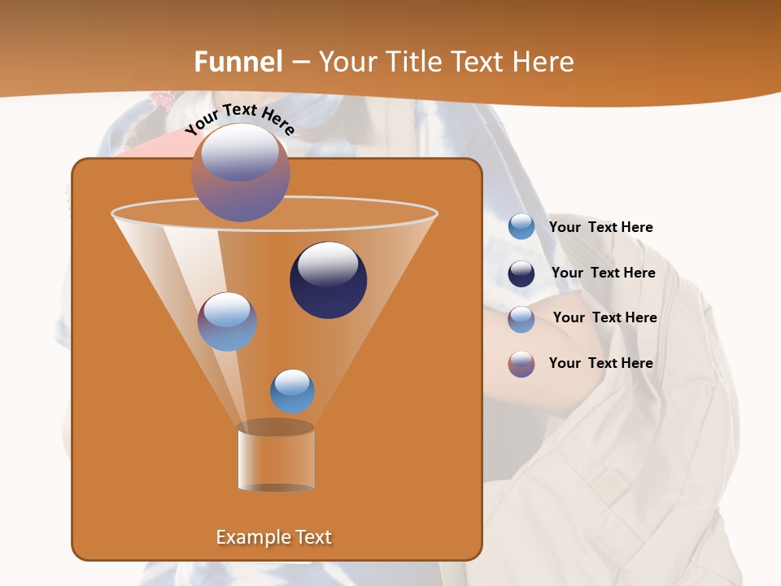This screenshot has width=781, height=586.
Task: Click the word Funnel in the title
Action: (238, 62)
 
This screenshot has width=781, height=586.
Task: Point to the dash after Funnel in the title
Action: (300, 63)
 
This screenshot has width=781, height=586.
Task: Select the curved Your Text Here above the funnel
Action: (239, 119)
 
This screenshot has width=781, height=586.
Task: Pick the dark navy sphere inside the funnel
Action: (329, 281)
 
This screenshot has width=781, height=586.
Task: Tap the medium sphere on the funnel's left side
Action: (227, 321)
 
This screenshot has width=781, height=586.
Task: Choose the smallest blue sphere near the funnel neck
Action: (292, 391)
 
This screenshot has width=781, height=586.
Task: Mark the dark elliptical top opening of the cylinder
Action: (276, 427)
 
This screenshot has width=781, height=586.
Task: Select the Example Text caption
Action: (274, 537)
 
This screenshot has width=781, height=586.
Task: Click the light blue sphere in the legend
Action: (521, 227)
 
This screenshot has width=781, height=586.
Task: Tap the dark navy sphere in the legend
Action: (521, 273)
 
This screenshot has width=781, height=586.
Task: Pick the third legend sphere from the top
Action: (521, 319)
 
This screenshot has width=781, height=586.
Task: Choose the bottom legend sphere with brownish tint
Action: (521, 364)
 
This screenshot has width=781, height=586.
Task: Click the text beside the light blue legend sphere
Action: (600, 228)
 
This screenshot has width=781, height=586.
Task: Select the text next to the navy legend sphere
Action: (603, 273)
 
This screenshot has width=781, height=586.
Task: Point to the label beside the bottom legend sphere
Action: (600, 364)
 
